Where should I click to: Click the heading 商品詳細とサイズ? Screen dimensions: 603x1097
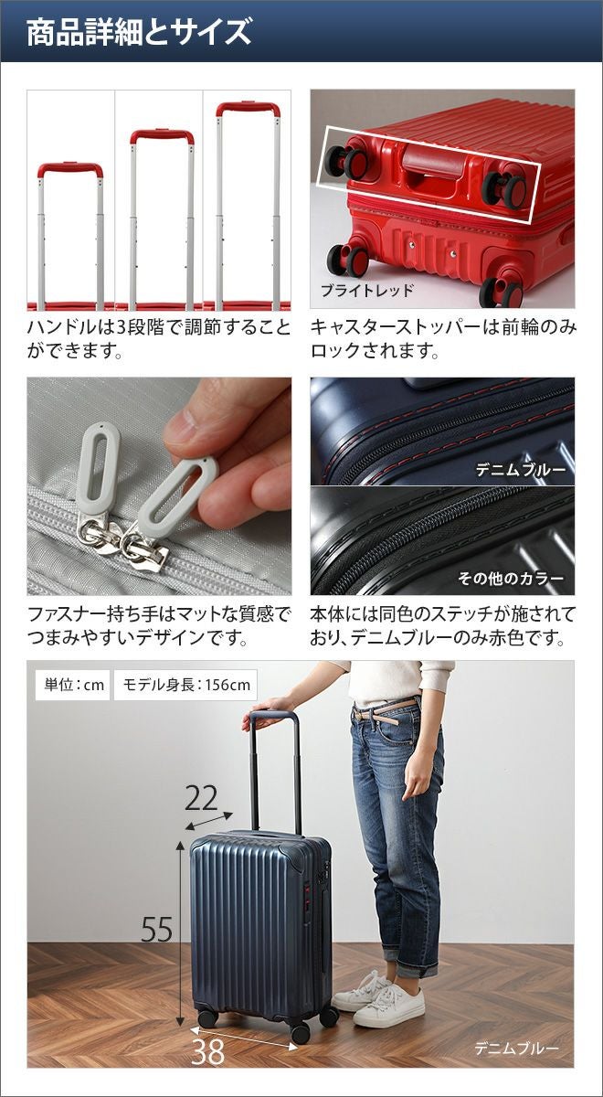139,32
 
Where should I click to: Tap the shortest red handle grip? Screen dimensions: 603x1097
70,169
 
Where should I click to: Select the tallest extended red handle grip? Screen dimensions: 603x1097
249,108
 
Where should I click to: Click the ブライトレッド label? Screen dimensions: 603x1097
367,291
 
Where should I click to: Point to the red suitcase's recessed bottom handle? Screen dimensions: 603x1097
433,162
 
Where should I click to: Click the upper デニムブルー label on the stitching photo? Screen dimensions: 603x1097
521,471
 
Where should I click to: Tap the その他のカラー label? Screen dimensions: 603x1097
511,579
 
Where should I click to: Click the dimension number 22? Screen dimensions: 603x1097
201,798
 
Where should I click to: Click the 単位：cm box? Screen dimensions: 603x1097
72,685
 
